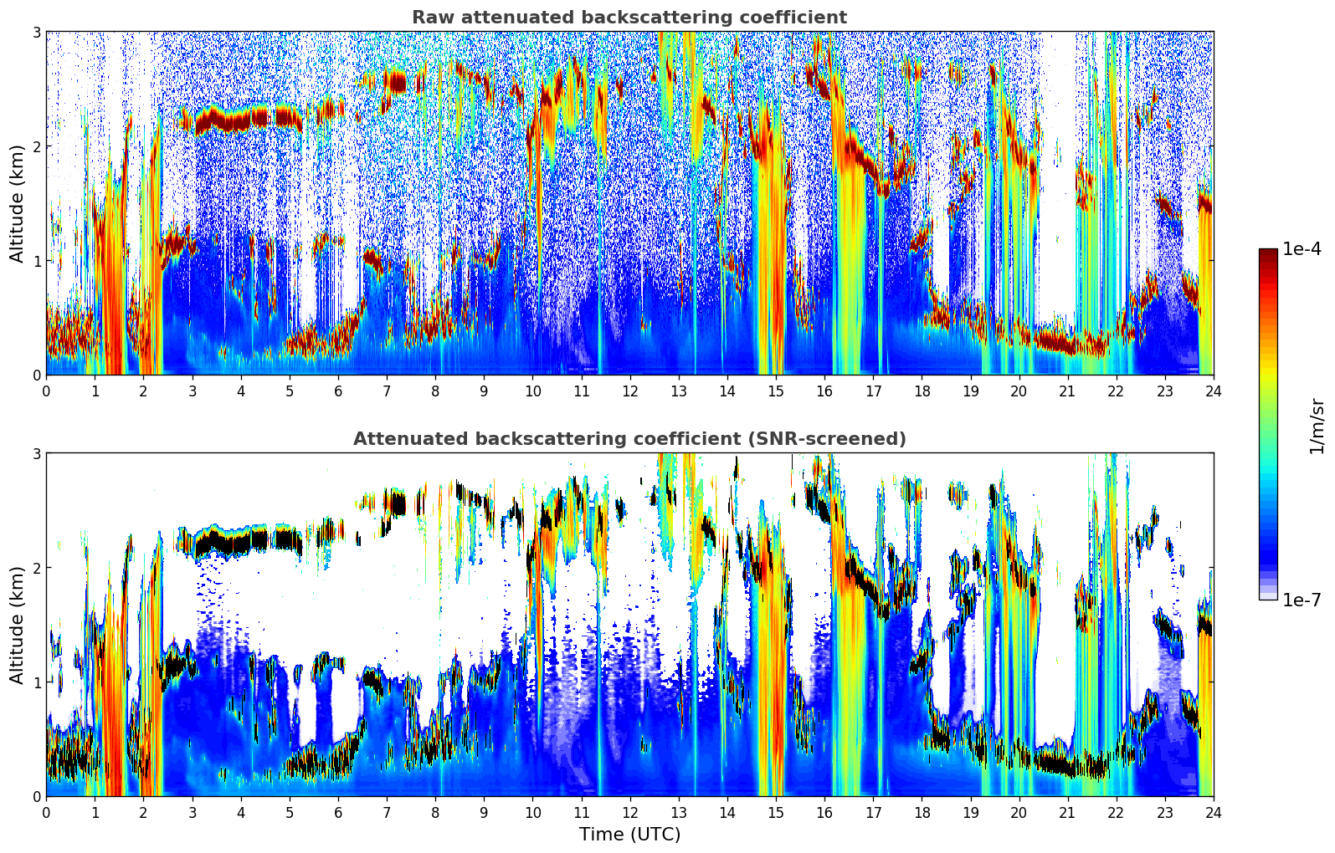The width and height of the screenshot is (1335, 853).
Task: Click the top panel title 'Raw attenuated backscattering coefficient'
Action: pyautogui.click(x=629, y=18)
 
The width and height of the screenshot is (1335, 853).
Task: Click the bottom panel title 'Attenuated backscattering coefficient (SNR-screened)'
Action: pyautogui.click(x=629, y=439)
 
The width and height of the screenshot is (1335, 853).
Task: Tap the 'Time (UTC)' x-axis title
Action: pyautogui.click(x=629, y=834)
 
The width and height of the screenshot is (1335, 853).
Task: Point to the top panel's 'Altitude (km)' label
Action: pyautogui.click(x=17, y=203)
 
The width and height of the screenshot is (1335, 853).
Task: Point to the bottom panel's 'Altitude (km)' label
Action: pyautogui.click(x=17, y=625)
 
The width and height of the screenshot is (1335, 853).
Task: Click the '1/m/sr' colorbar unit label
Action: pyautogui.click(x=1317, y=426)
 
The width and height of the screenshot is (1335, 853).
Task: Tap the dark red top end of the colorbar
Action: pyautogui.click(x=1268, y=253)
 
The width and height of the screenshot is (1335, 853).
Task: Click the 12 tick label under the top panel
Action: pyautogui.click(x=629, y=391)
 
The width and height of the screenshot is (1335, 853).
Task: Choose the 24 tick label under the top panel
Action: pyautogui.click(x=1214, y=391)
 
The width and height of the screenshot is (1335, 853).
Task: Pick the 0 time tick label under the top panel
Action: pyautogui.click(x=46, y=391)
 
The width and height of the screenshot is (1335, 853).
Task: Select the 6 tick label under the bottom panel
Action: pyautogui.click(x=338, y=812)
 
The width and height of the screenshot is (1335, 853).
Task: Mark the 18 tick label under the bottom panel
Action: pyautogui.click(x=922, y=812)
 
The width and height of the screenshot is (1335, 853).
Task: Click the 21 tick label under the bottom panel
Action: pyautogui.click(x=1067, y=812)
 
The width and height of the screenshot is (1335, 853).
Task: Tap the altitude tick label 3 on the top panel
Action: pyautogui.click(x=37, y=33)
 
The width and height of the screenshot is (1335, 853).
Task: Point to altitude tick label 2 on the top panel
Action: pyautogui.click(x=37, y=147)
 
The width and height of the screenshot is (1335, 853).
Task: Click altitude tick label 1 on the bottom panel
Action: pyautogui.click(x=37, y=682)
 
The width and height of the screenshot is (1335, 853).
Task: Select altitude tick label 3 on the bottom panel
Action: pyautogui.click(x=37, y=454)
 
